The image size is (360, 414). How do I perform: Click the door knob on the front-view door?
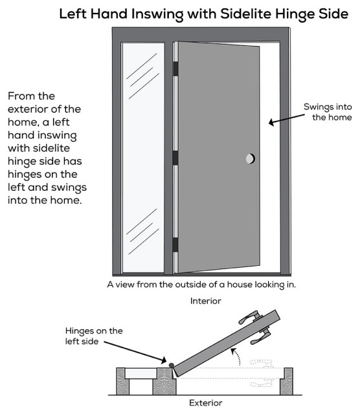point(251,158)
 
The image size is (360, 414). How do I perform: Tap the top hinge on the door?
point(175,67)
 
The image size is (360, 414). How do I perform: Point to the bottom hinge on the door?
point(175,245)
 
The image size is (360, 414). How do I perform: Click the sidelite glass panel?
point(142,155)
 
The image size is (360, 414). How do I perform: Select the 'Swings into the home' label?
point(328,112)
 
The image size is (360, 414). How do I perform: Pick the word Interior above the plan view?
point(205,301)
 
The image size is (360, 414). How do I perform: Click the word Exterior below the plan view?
point(205,403)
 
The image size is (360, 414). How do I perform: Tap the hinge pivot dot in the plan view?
point(171,365)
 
